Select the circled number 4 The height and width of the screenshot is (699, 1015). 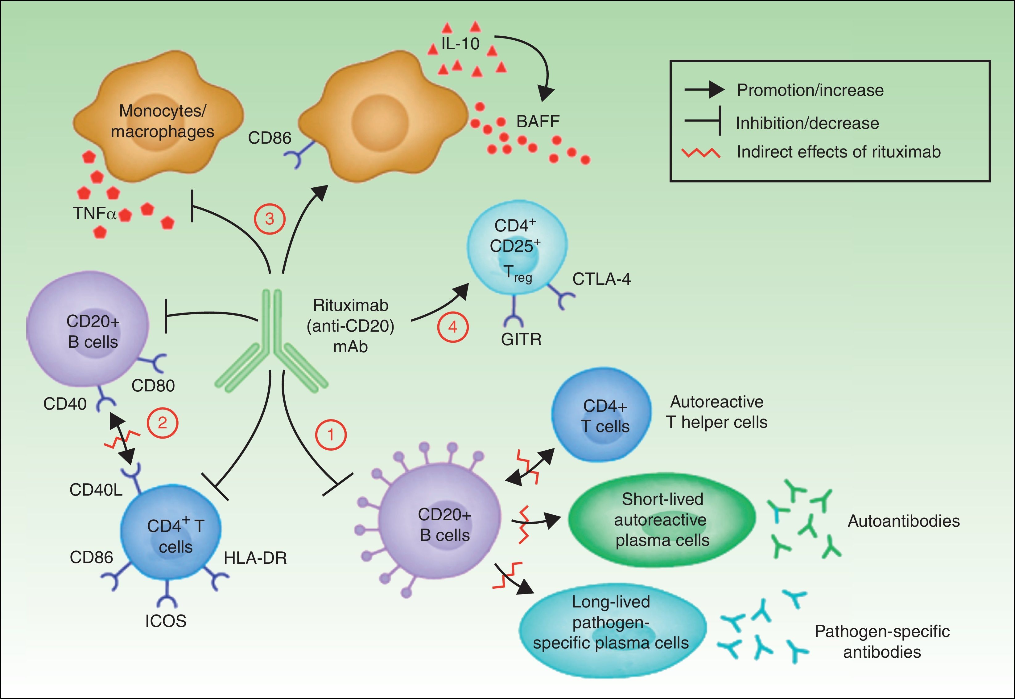point(453,327)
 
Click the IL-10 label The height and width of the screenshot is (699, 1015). point(460,44)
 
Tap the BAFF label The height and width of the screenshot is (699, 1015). point(538,121)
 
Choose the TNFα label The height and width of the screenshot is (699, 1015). point(94,214)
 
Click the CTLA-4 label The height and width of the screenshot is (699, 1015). point(601,279)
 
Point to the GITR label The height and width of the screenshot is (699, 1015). point(521,339)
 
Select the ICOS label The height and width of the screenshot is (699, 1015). point(166,621)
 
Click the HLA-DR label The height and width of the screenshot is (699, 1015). point(255,558)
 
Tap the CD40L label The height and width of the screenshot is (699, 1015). point(96,490)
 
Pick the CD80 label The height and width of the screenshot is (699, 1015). point(153,386)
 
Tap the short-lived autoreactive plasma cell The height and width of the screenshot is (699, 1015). point(662,519)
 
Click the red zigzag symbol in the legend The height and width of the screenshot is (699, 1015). point(701,153)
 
